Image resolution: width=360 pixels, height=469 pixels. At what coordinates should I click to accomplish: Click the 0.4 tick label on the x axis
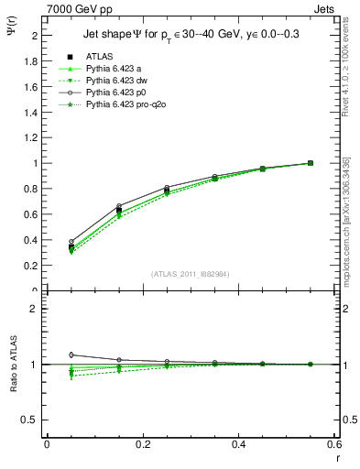[x=238, y=444]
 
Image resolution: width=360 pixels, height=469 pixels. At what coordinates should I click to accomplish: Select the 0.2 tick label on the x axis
[x=142, y=444]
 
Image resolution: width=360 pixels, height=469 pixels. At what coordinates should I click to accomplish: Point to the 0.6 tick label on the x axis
[x=333, y=444]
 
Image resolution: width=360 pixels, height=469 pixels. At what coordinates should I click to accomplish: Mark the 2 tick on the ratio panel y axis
[x=36, y=309]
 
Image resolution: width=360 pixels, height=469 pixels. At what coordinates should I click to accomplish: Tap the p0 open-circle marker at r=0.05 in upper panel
[x=47, y=242]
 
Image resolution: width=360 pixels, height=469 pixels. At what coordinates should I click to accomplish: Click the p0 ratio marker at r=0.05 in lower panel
[x=47, y=354]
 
